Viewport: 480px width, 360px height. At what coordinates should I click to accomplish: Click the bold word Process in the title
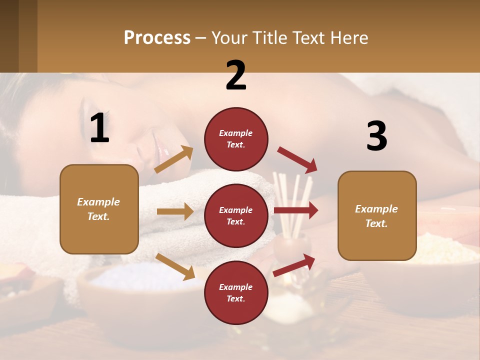tap(157, 38)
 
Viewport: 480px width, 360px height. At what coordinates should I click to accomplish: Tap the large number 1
tap(99, 128)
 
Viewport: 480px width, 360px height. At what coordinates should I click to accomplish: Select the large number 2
tap(236, 75)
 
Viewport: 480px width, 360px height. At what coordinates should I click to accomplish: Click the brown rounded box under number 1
tap(99, 209)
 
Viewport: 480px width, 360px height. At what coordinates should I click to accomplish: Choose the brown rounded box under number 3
tap(377, 216)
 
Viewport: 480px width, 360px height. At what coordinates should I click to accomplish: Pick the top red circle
tap(236, 139)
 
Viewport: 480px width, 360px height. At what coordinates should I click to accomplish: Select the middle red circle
tap(236, 215)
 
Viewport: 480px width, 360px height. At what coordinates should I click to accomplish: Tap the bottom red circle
tap(236, 292)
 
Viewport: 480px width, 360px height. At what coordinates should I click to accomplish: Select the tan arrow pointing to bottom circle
tap(175, 266)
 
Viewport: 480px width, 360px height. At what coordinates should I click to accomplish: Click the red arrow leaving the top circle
tap(297, 160)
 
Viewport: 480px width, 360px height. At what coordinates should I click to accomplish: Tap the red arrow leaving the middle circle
tap(295, 210)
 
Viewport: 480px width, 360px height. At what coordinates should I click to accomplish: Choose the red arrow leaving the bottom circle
tap(294, 265)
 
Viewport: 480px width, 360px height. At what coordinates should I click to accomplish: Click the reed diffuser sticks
tap(294, 200)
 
